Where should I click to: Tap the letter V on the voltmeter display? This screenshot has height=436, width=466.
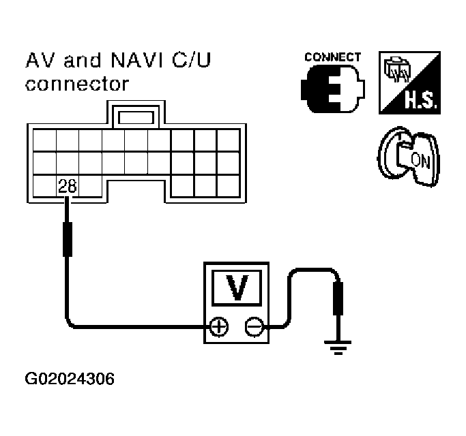[x=236, y=287]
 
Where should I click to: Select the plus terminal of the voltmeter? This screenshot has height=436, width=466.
[x=218, y=328]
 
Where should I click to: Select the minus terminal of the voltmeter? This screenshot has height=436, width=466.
[x=254, y=328]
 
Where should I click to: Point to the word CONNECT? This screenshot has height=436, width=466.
[x=332, y=57]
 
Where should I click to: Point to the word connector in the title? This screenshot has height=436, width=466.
[x=76, y=84]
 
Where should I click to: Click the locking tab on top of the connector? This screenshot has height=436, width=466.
[x=136, y=116]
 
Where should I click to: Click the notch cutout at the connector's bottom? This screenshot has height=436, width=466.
[x=136, y=191]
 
